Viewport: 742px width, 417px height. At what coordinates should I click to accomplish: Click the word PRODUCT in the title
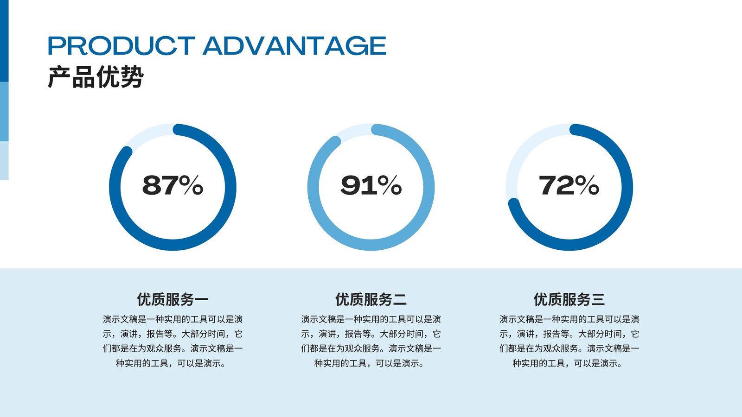click(x=121, y=45)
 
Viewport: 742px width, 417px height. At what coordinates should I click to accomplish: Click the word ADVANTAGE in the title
click(x=294, y=45)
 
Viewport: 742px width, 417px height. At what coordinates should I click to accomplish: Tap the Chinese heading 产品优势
click(x=96, y=77)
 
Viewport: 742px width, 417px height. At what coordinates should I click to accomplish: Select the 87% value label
click(x=173, y=185)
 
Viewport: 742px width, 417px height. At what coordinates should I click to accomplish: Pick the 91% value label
click(x=371, y=185)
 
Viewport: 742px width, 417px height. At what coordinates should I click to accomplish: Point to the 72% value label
click(x=569, y=185)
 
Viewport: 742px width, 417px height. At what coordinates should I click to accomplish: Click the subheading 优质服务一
click(x=173, y=299)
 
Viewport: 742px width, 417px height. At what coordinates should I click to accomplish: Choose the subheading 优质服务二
click(x=371, y=299)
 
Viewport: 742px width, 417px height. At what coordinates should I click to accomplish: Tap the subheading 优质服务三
click(x=569, y=299)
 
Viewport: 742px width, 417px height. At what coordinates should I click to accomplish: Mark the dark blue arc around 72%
click(x=627, y=187)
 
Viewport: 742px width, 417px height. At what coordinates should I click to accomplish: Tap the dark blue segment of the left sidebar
click(x=4, y=41)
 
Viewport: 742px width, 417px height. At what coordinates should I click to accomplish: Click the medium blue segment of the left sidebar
click(x=4, y=112)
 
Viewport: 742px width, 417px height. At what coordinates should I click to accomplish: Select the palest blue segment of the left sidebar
click(x=4, y=160)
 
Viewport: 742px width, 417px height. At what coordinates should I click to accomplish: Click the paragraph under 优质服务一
click(x=173, y=341)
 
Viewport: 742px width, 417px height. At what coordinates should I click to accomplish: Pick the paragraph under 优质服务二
click(x=371, y=341)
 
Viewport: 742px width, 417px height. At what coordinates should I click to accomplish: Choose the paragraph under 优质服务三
click(x=569, y=341)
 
